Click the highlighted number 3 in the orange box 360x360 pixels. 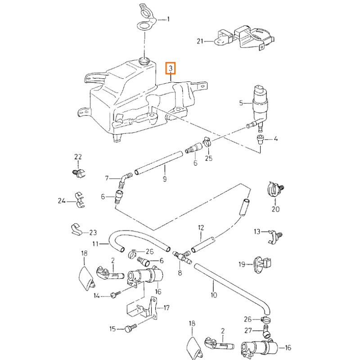171,68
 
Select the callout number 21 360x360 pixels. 200,42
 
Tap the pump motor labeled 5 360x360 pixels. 260,104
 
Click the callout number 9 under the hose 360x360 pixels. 165,179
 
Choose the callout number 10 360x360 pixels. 213,295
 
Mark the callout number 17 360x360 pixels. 166,308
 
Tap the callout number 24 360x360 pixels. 62,201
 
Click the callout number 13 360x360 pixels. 257,231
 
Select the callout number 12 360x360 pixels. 201,228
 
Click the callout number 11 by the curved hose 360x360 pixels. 95,243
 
